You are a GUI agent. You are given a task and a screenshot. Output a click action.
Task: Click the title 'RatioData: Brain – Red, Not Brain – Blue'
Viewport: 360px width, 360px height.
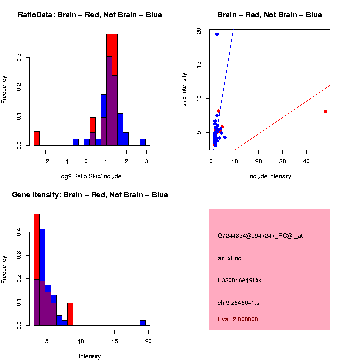tap(90, 15)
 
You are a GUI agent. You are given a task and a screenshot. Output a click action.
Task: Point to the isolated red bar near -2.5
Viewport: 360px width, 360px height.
tap(37, 138)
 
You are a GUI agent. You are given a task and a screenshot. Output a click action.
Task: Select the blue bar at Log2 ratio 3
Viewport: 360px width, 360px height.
tap(143, 142)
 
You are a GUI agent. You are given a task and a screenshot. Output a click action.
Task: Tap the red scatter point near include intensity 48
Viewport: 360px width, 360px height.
tap(325, 112)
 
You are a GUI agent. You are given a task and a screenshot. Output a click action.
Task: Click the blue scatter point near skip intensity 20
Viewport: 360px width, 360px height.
tap(217, 34)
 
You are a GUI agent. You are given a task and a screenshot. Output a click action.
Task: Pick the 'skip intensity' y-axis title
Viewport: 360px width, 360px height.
tap(184, 90)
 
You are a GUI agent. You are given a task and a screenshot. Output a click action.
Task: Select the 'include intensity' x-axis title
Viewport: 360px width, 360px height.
tap(270, 176)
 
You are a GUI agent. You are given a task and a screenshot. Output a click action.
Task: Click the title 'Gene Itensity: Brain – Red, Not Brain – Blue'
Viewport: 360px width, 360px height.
tap(90, 195)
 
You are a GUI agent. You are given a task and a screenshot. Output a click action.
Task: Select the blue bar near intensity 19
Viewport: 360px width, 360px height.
tap(143, 323)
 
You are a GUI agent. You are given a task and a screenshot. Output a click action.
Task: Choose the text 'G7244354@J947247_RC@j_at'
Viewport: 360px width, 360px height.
tap(260, 236)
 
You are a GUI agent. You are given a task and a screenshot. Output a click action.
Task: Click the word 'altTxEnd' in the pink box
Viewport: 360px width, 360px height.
tap(230, 258)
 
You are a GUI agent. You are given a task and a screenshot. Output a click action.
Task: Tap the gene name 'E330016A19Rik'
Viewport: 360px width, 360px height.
tap(239, 280)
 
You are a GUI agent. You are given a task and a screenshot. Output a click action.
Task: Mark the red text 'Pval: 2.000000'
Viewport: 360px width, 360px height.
tap(238, 319)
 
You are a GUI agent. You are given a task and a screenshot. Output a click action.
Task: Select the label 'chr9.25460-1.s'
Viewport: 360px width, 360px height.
tap(238, 303)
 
